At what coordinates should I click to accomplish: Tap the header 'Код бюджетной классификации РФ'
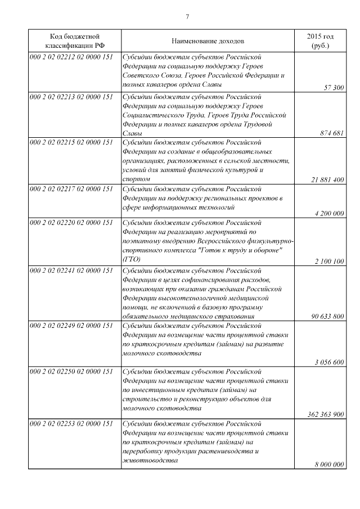[x=74, y=40]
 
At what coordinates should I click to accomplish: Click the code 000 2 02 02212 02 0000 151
[x=70, y=57]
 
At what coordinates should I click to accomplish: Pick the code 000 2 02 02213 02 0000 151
[x=70, y=97]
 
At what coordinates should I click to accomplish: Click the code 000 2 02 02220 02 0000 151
[x=70, y=224]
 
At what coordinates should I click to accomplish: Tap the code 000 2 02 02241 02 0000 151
[x=70, y=271]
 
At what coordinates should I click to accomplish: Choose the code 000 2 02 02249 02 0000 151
[x=70, y=326]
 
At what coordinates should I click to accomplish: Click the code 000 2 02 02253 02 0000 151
[x=70, y=423]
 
